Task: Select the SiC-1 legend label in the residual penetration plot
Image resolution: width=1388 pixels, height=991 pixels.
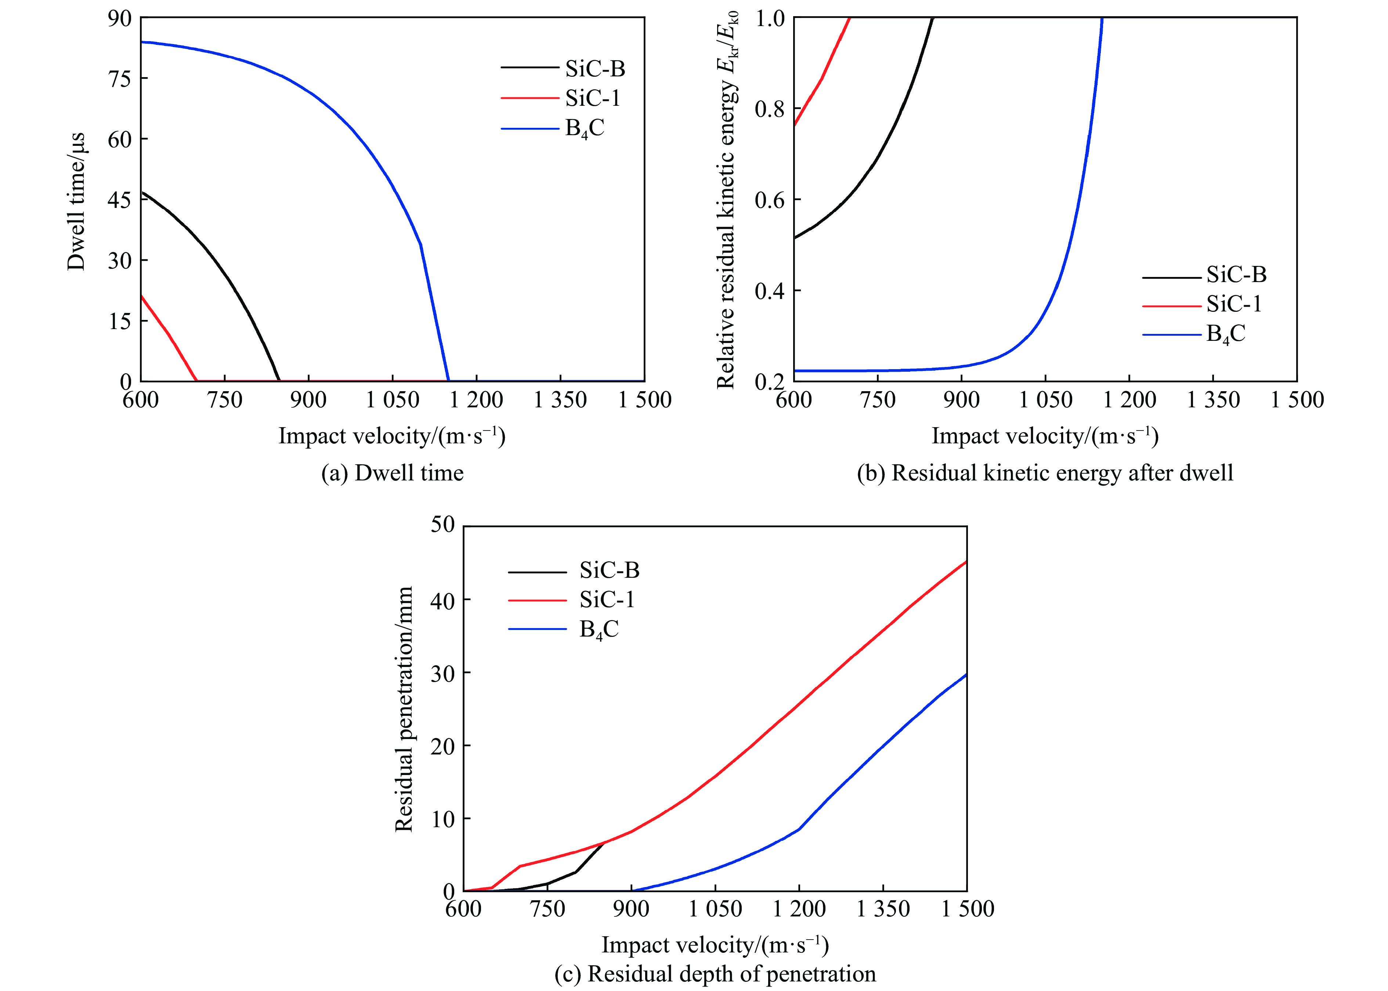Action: point(607,600)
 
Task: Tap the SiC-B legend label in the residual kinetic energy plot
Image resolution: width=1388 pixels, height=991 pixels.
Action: point(1236,275)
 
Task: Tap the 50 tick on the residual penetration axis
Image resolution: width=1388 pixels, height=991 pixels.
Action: point(442,525)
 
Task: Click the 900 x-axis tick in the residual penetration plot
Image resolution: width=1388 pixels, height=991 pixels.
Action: point(631,909)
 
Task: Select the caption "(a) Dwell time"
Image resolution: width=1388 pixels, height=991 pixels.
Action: point(392,473)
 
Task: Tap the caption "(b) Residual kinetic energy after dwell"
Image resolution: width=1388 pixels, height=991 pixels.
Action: point(1045,473)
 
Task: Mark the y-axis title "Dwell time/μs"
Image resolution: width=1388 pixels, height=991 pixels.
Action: point(76,201)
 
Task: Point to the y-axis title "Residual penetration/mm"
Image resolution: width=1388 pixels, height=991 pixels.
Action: point(404,709)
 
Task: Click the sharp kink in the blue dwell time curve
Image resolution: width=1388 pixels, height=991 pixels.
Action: point(421,245)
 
